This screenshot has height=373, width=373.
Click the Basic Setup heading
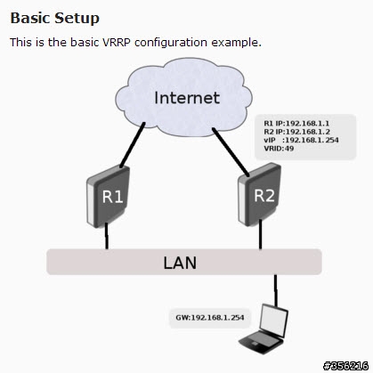[x=54, y=19]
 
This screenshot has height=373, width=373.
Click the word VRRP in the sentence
[x=116, y=43]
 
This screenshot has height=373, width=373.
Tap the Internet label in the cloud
[x=187, y=98]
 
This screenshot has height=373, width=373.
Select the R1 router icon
[x=109, y=197]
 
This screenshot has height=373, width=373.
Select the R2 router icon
[x=259, y=193]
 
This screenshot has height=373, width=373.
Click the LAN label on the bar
[x=180, y=263]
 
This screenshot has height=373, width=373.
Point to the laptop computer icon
[x=264, y=328]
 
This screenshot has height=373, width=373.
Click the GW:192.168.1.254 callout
[x=210, y=318]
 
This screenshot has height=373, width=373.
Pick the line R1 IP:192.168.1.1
[x=296, y=124]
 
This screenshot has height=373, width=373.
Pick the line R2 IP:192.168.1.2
[x=296, y=132]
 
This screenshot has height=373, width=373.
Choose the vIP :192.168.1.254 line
[x=301, y=140]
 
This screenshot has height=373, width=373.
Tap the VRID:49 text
[x=279, y=149]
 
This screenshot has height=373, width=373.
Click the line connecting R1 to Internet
[x=133, y=144]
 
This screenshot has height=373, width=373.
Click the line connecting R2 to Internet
[x=231, y=151]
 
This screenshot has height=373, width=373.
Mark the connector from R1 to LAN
[x=107, y=236]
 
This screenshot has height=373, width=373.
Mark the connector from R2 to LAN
[x=260, y=234]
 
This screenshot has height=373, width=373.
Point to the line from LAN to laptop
[x=275, y=290]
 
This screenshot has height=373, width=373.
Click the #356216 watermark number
[x=346, y=366]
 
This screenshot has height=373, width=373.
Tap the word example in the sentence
[x=236, y=43]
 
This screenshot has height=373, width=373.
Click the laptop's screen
[x=273, y=320]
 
